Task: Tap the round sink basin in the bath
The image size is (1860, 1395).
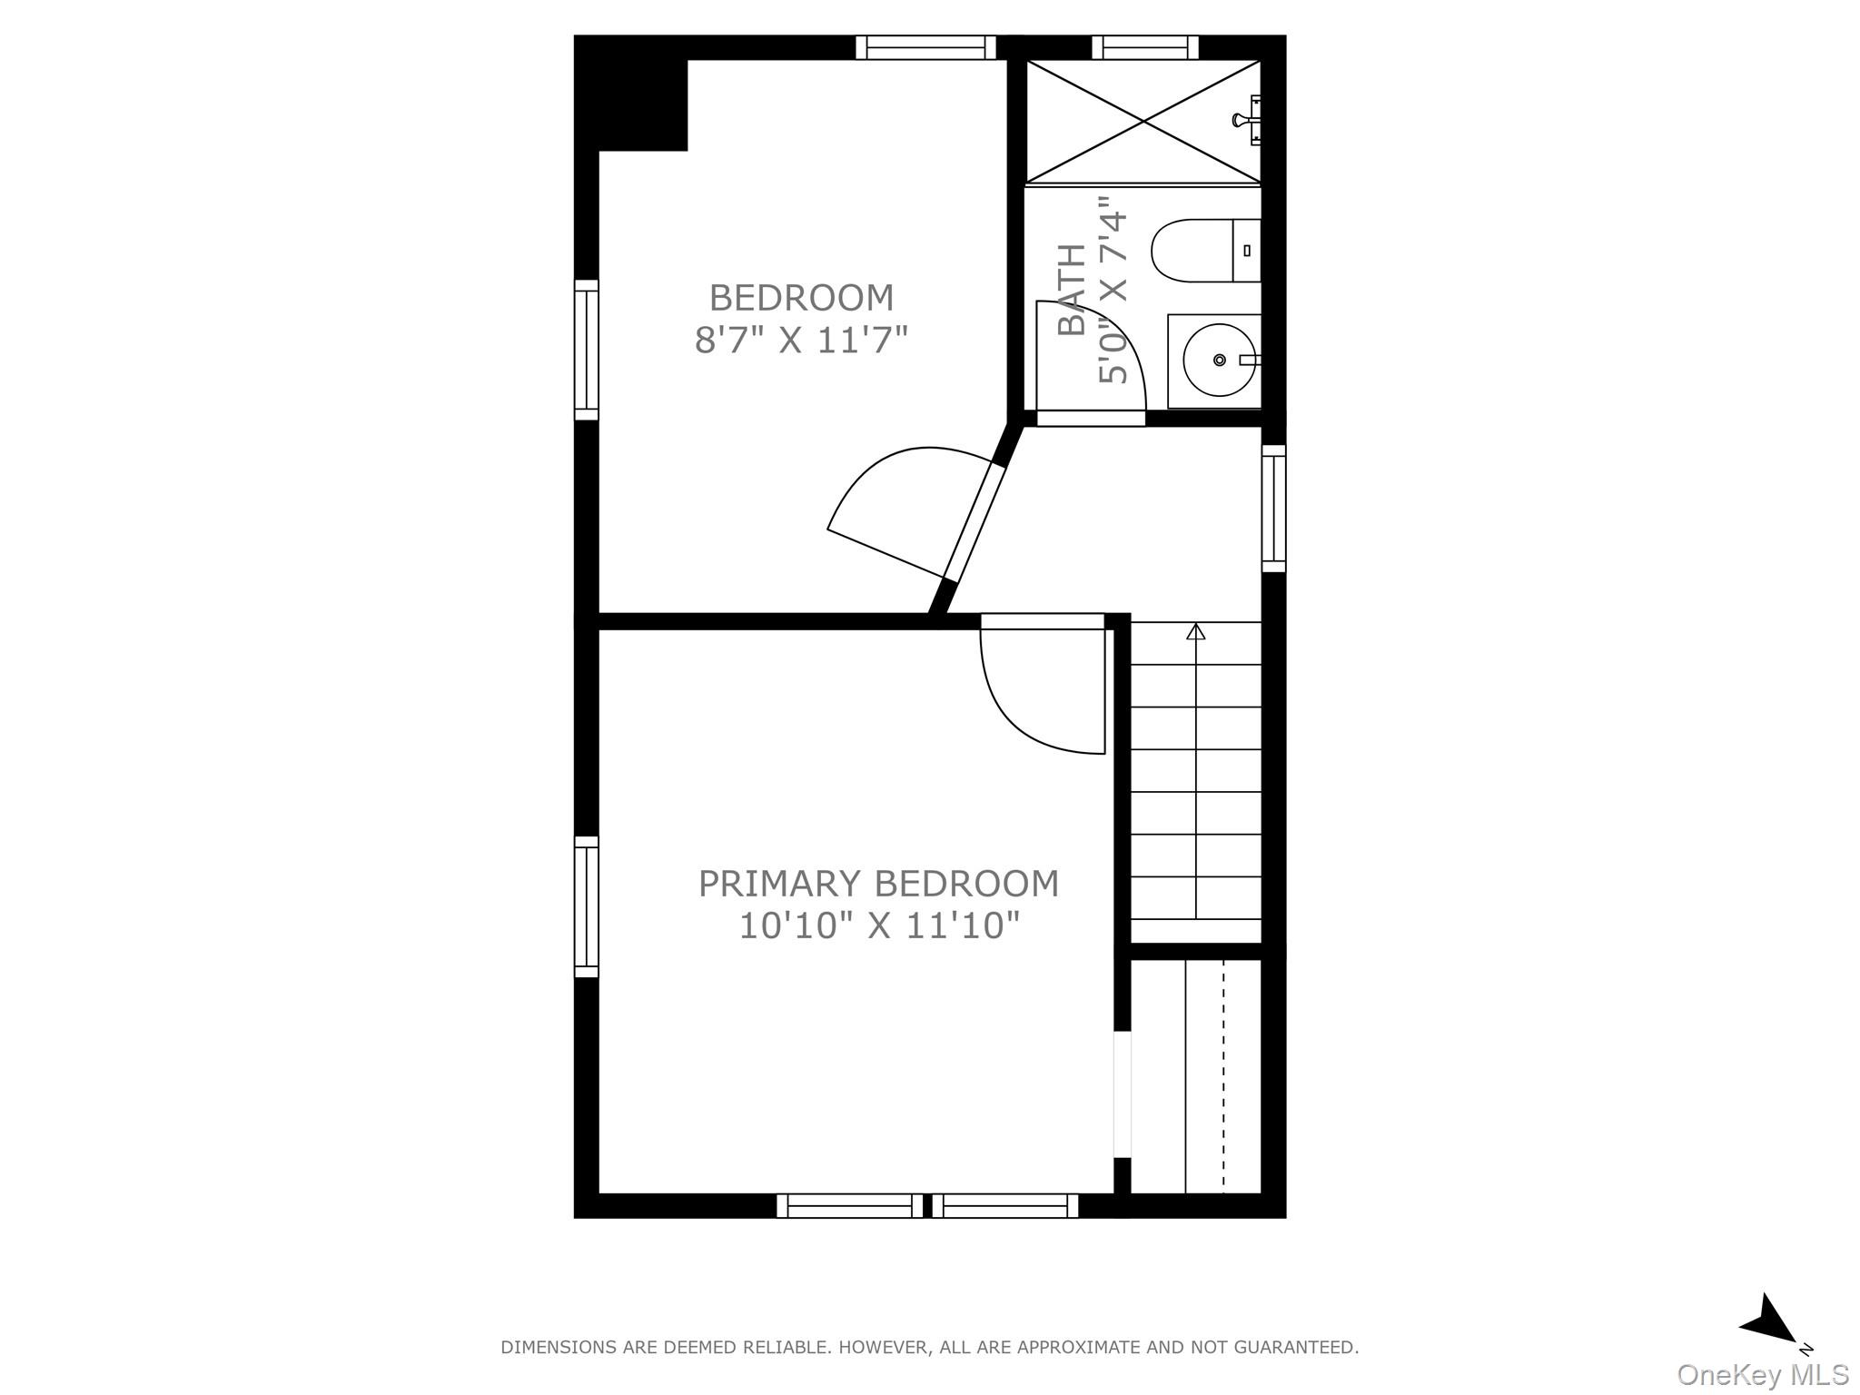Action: (x=1219, y=360)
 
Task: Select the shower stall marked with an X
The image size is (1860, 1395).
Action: (x=1143, y=121)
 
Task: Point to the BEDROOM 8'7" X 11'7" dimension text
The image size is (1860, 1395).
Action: (x=801, y=341)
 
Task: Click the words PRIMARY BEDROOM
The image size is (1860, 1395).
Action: (x=878, y=884)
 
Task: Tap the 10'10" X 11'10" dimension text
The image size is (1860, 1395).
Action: (x=878, y=925)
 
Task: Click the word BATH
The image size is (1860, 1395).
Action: (x=1073, y=291)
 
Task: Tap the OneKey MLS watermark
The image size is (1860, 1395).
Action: (x=1762, y=1374)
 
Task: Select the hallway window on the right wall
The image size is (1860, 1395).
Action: (x=1274, y=509)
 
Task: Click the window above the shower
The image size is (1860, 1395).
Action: (x=1145, y=47)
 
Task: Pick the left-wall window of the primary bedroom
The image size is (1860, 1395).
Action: (x=587, y=906)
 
